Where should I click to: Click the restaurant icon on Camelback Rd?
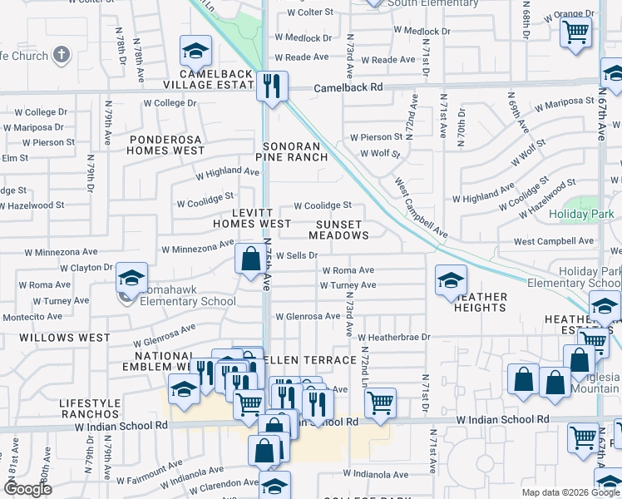[x=271, y=86]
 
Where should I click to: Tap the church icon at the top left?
[x=60, y=56]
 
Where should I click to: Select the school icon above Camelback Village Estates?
[x=195, y=52]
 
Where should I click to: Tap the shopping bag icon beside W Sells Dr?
[x=250, y=259]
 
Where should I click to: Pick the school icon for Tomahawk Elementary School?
[x=131, y=279]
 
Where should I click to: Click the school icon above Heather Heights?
[x=450, y=280]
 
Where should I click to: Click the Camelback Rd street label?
[x=348, y=87]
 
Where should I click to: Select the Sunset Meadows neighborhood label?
[x=338, y=230]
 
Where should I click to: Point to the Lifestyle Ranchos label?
[x=89, y=408]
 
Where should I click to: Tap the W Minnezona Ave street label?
[x=198, y=246]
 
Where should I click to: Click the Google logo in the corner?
[x=29, y=489]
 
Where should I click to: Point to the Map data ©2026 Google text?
[x=570, y=492]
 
